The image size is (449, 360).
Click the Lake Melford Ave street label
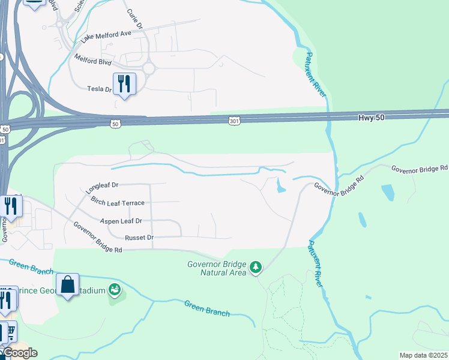[x=106, y=37]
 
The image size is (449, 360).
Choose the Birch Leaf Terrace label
[x=118, y=203]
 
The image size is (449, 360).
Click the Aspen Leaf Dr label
[x=121, y=221]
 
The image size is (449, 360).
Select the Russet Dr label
[x=143, y=238]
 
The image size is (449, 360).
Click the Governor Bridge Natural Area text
[x=217, y=268]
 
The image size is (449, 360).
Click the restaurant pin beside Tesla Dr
[x=124, y=83]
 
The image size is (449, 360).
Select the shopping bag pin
[x=68, y=284]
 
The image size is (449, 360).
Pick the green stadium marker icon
[x=115, y=290]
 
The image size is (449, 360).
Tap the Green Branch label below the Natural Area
[x=207, y=308]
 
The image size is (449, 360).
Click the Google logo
[x=20, y=353]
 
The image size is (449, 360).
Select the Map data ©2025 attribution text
[x=423, y=355]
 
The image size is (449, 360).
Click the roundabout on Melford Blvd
[x=148, y=68]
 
